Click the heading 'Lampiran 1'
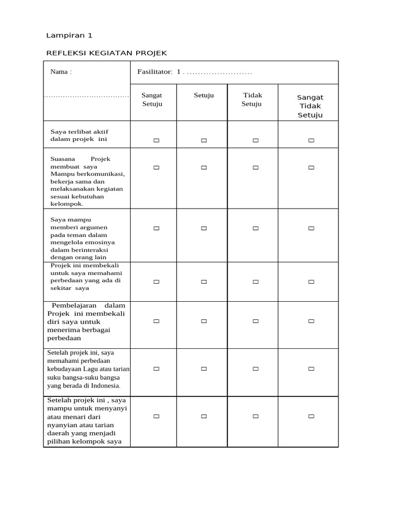(x=69, y=36)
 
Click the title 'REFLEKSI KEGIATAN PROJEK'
(x=107, y=53)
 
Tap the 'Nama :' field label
(x=61, y=72)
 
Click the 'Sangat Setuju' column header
(x=152, y=99)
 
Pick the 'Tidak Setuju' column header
(x=252, y=99)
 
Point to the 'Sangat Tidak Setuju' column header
(x=310, y=106)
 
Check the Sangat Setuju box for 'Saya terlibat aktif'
(x=156, y=140)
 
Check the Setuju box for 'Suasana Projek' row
(x=204, y=168)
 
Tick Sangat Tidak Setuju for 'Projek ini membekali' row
(x=311, y=282)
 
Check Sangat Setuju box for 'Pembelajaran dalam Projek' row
(x=156, y=321)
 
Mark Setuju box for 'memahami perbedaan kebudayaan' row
(x=204, y=369)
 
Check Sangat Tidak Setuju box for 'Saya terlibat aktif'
(x=311, y=140)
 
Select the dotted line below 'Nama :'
(x=87, y=96)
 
